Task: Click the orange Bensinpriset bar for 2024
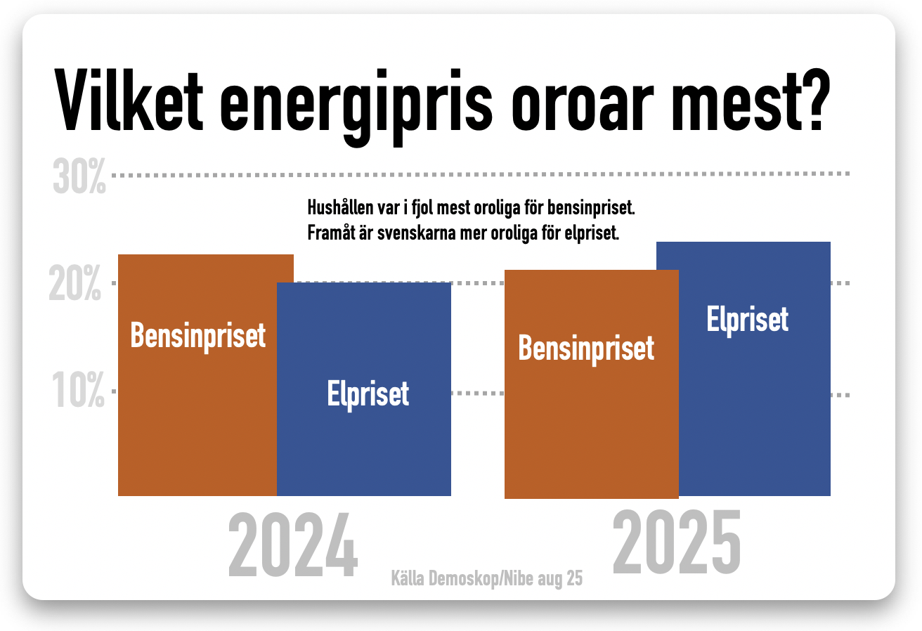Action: pos(197,375)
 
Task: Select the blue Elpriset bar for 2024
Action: pos(364,389)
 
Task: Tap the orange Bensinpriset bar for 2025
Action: pos(592,384)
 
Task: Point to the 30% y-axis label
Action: pos(79,176)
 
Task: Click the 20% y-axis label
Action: pos(75,282)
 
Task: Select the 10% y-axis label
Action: pos(78,389)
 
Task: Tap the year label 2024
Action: pos(292,545)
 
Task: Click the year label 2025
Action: pos(677,541)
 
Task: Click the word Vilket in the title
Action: pos(129,101)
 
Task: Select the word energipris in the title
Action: pos(356,107)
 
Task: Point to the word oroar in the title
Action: pos(583,106)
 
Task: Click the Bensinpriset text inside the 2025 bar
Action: pos(586,349)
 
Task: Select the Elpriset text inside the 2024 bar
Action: pos(368,395)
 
